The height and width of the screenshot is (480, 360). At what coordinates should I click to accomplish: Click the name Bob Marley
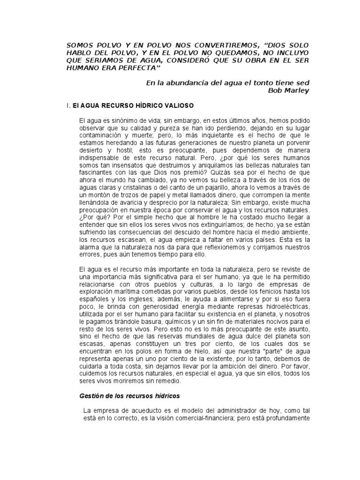(x=288, y=90)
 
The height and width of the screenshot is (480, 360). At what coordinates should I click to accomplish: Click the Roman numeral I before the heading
(x=68, y=106)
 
